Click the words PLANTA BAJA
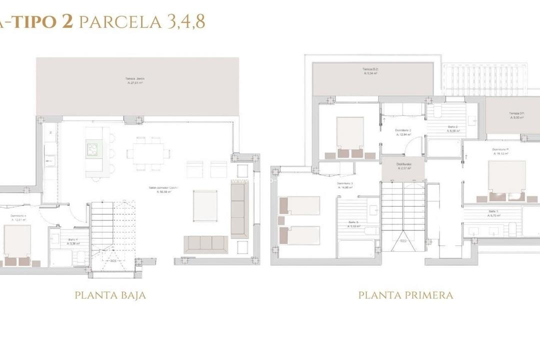pyautogui.click(x=110, y=295)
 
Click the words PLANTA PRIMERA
pyautogui.click(x=405, y=295)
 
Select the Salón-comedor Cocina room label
pyautogui.click(x=163, y=189)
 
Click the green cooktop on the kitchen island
pyautogui.click(x=94, y=149)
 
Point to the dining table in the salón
pyautogui.click(x=147, y=153)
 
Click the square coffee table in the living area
pyautogui.click(x=205, y=205)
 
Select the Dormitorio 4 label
pyautogui.click(x=18, y=217)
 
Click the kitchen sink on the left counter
pyautogui.click(x=50, y=161)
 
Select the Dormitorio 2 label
pyautogui.click(x=403, y=132)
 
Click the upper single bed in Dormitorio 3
pyautogui.click(x=299, y=205)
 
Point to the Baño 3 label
pyautogui.click(x=354, y=224)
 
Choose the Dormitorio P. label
pyautogui.click(x=500, y=151)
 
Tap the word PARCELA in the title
pyautogui.click(x=120, y=22)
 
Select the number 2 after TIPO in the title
pyautogui.click(x=67, y=22)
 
